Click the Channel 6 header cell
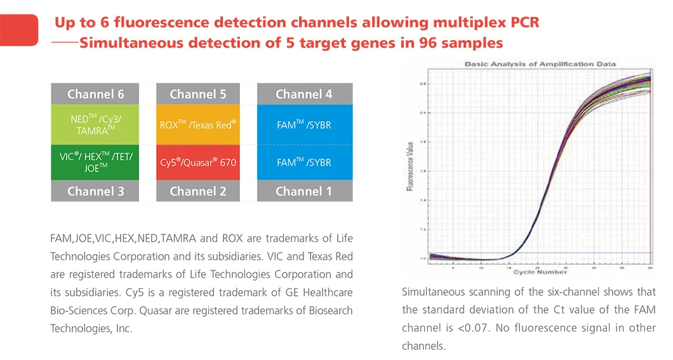[95, 95]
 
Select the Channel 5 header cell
[197, 95]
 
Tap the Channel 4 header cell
[304, 95]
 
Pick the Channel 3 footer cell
[95, 191]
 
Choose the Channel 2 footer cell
[197, 191]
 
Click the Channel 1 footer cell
[304, 191]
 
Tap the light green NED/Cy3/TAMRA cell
[95, 124]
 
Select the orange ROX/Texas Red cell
[197, 125]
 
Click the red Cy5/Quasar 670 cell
[197, 163]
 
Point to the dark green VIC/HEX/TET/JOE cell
[95, 163]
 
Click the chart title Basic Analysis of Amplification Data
[540, 64]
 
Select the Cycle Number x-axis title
[540, 271]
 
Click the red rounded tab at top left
[19, 29]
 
